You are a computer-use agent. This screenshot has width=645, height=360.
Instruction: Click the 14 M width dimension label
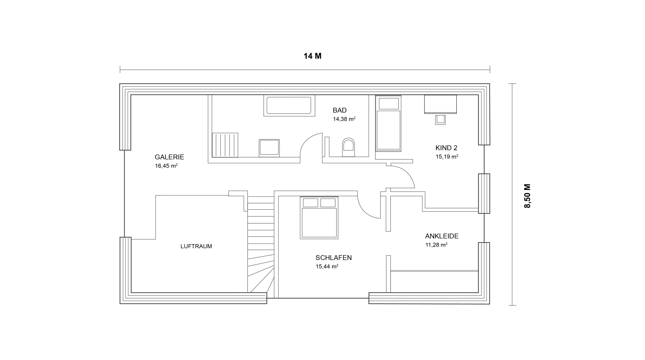coord(312,56)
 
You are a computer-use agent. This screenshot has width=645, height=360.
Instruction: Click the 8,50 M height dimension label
coord(527,196)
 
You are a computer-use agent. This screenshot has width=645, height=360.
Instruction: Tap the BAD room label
coord(340,110)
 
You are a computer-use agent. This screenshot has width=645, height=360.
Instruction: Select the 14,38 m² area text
coord(344,119)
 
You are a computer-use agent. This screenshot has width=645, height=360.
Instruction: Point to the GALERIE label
coord(169,157)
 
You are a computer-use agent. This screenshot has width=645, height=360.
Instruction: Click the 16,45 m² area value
coord(166,166)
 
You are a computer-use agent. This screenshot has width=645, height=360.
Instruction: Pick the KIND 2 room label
coord(446,148)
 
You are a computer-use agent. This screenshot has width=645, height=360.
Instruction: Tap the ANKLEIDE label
coord(442,236)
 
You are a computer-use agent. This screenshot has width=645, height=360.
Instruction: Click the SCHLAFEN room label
coord(334,258)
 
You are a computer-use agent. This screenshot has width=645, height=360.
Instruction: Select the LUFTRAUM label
coord(196,246)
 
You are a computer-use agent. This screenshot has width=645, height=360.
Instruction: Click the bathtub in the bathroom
coord(289,105)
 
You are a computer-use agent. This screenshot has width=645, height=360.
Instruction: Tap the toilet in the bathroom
coord(348,147)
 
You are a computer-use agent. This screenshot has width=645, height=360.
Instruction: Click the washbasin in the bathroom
coord(269,148)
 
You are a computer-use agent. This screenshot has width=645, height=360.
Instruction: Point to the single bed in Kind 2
coord(388,124)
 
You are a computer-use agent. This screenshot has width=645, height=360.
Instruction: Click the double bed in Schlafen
coord(319,218)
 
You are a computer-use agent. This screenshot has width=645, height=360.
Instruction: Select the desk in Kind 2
coord(440,104)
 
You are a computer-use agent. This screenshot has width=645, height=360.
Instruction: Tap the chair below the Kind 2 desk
coord(440,120)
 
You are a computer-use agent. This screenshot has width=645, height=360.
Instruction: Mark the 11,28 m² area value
coord(436,245)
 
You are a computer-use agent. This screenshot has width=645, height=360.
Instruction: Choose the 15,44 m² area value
coord(327,266)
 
